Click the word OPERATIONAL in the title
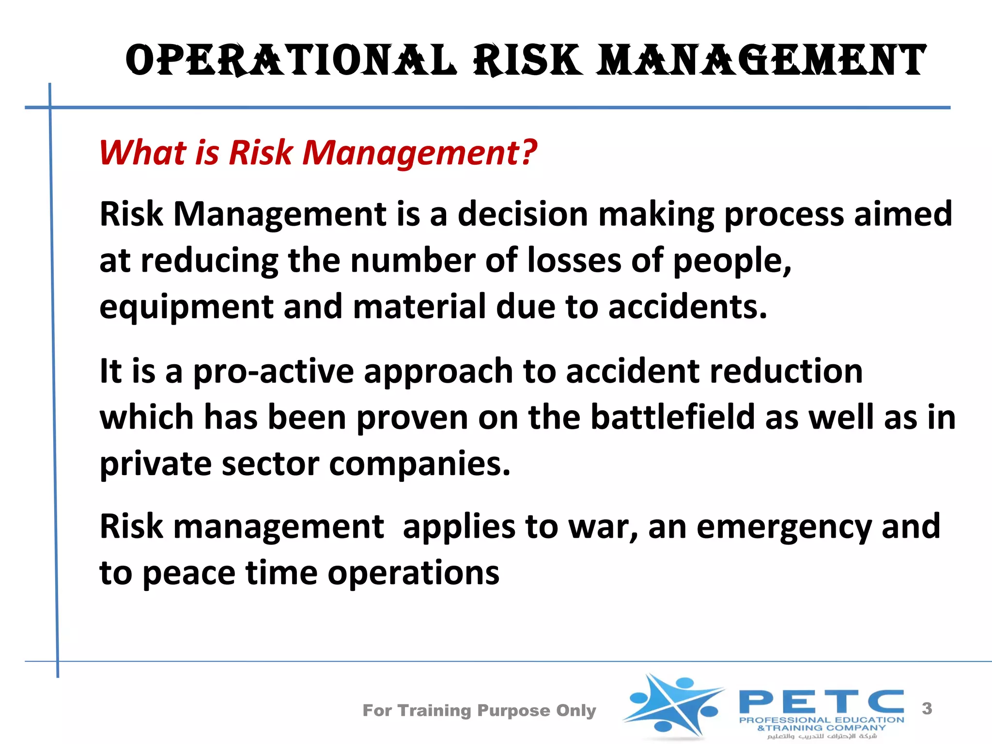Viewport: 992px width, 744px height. pos(291,61)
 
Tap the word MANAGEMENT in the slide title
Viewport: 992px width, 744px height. pos(761,61)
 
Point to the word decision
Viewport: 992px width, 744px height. pos(523,214)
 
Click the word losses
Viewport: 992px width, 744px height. pos(574,261)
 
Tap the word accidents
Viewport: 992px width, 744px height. pos(687,307)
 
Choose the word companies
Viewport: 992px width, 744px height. pos(419,464)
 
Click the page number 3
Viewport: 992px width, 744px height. pos(927,709)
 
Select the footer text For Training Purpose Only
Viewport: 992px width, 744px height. pos(479,711)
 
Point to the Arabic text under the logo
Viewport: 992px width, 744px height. pos(821,736)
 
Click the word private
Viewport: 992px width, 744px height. pos(155,464)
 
